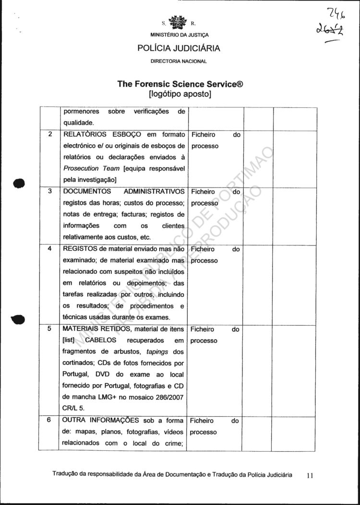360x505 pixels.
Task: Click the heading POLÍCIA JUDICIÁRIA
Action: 179,48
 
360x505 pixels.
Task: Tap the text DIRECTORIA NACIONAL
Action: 179,61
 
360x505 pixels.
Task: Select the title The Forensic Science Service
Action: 180,84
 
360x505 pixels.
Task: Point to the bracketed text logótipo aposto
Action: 180,94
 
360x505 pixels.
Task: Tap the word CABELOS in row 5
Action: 100,341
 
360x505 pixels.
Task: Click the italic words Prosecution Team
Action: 91,169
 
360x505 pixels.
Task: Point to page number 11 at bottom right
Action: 310,475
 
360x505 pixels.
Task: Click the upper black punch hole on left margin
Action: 19,183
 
